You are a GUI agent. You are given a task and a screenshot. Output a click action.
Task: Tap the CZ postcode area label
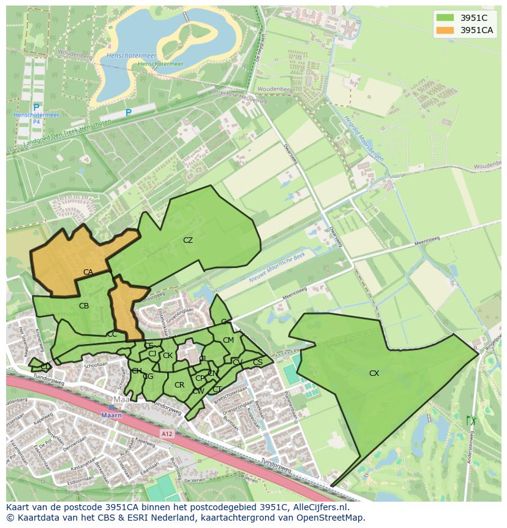[x=188, y=240]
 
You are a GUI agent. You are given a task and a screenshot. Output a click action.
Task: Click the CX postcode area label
[x=374, y=373]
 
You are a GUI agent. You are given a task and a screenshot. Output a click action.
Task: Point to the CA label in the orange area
[x=88, y=272]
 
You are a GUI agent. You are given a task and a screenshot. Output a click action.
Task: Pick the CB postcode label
[x=84, y=305]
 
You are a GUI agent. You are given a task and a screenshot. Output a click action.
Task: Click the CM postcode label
[x=228, y=340]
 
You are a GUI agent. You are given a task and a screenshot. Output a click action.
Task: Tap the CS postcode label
[x=257, y=362]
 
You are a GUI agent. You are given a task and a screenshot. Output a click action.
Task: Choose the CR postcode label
[x=179, y=385]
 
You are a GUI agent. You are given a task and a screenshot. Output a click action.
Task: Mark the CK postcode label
[x=167, y=355]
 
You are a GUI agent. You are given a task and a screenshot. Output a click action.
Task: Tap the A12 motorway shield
[x=167, y=433]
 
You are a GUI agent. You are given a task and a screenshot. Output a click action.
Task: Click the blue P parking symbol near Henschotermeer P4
[x=36, y=108]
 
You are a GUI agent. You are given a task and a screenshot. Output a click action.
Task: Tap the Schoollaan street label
[x=96, y=364]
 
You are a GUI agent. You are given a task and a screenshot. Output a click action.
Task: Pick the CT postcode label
[x=217, y=389]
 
